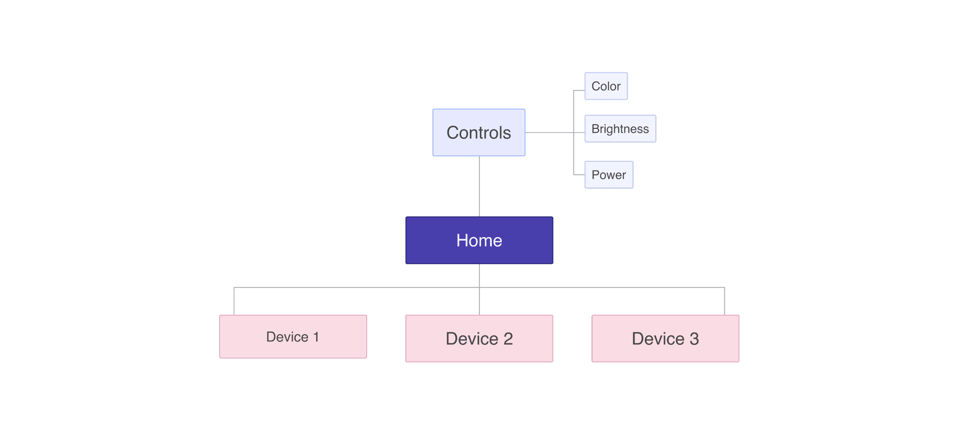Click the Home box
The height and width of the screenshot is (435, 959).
479,240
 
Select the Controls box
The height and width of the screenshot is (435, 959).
478,132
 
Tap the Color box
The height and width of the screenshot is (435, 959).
606,86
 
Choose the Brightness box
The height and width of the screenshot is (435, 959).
620,128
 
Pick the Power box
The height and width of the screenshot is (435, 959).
608,175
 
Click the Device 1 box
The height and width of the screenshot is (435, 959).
293,336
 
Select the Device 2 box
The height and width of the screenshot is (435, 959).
479,338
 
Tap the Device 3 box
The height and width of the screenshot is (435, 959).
665,338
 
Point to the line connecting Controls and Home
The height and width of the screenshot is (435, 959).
479,186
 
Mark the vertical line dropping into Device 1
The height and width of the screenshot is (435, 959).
234,301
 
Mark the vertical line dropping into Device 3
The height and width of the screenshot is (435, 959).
724,301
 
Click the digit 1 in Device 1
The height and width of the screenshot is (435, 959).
316,337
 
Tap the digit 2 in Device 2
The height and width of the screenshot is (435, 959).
508,339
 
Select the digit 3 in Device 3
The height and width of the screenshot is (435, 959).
694,339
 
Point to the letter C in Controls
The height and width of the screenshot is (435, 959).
452,133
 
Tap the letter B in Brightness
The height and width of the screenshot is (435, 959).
595,129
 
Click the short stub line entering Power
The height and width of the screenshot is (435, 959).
579,175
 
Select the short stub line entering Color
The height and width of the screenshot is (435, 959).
579,90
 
